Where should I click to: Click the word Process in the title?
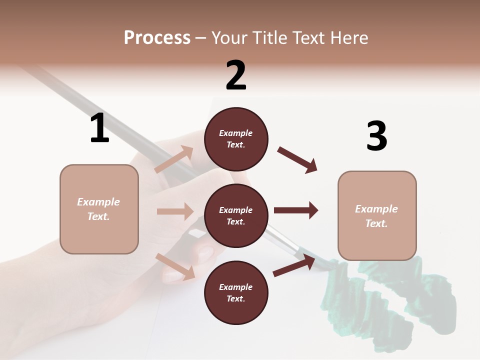157,38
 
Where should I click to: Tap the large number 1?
99,128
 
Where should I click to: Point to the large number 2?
236,75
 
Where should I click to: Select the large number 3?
376,136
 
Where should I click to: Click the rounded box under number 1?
99,209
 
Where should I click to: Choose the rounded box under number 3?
377,216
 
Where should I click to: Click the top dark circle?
236,139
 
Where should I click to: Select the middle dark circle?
236,216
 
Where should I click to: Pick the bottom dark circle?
236,293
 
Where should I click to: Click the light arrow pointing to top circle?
174,159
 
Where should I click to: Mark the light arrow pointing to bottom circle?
175,266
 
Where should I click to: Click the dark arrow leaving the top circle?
297,159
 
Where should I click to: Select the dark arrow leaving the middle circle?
295,210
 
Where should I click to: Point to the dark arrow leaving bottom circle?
294,265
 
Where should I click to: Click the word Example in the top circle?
236,133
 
